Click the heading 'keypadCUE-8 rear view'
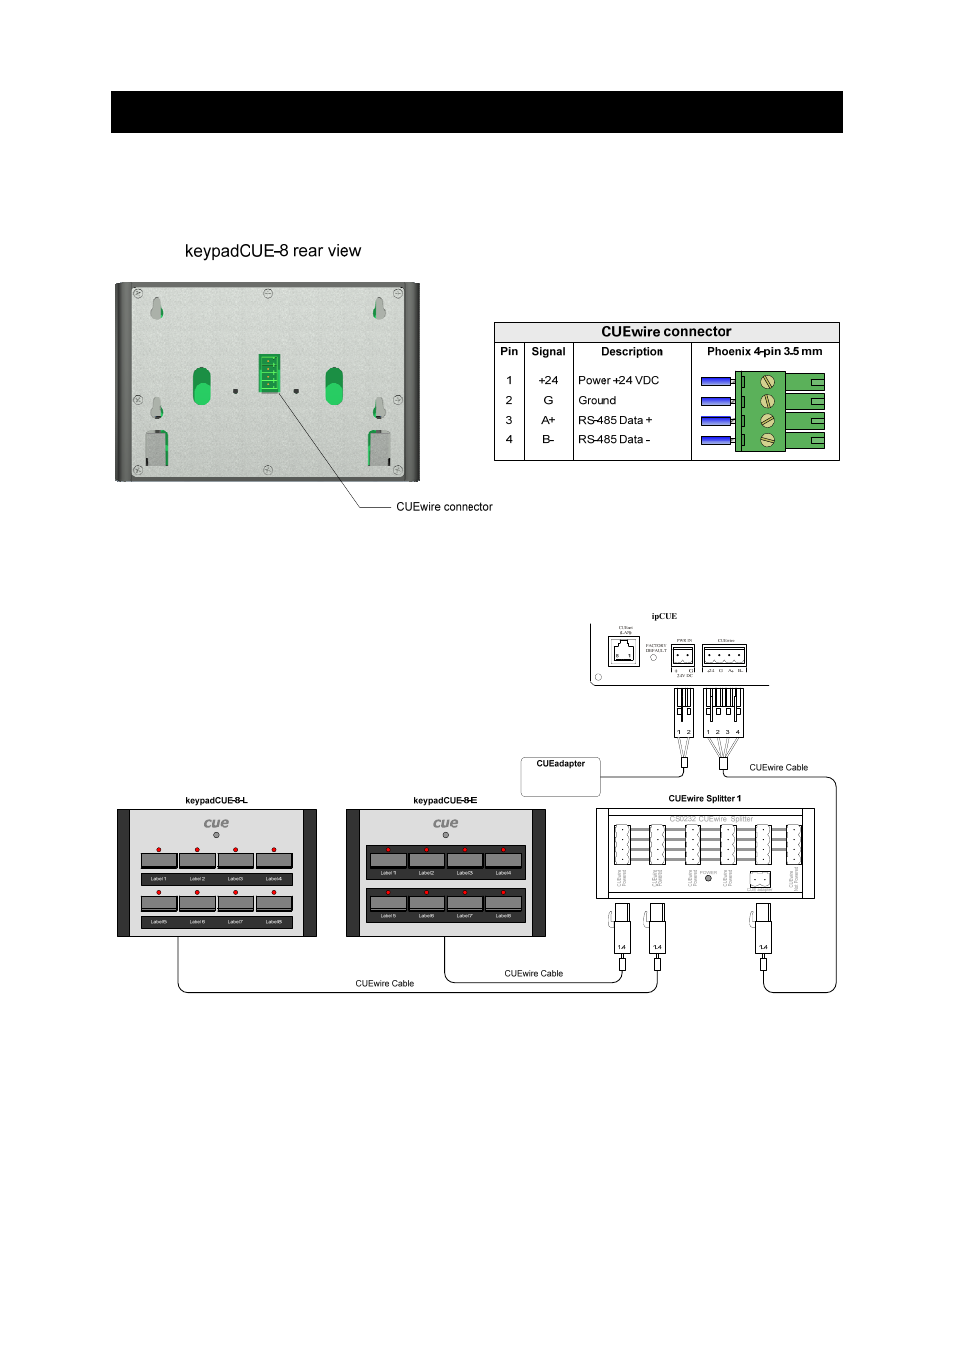pos(273,251)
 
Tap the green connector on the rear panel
pos(269,374)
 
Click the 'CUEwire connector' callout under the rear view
pos(444,507)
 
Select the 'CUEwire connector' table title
pos(666,332)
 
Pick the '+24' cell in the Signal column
pos(548,380)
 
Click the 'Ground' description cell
pos(597,400)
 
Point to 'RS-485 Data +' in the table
pos(615,420)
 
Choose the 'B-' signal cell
pos(548,439)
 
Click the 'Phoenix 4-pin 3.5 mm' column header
pos(764,352)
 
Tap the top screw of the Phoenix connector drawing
pos(767,381)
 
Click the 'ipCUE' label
pos(664,616)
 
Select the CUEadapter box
pos(560,777)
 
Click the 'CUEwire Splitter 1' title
pos(705,799)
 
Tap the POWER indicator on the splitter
pos(709,878)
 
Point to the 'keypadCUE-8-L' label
pos(216,800)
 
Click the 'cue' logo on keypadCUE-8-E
pos(446,824)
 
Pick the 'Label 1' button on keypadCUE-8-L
pos(159,860)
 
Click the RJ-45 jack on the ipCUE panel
pos(624,652)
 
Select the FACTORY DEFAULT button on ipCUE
pos(654,658)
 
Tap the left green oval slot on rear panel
pos(202,386)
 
